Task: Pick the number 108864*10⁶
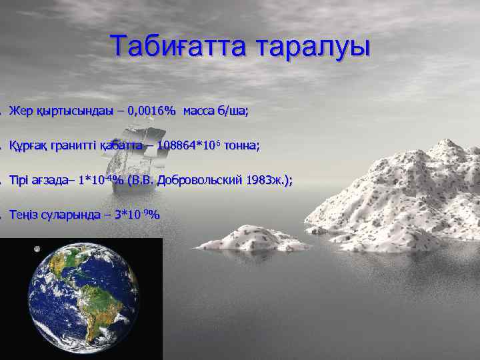pyautogui.click(x=189, y=145)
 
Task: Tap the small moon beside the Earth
pyautogui.click(x=37, y=249)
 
